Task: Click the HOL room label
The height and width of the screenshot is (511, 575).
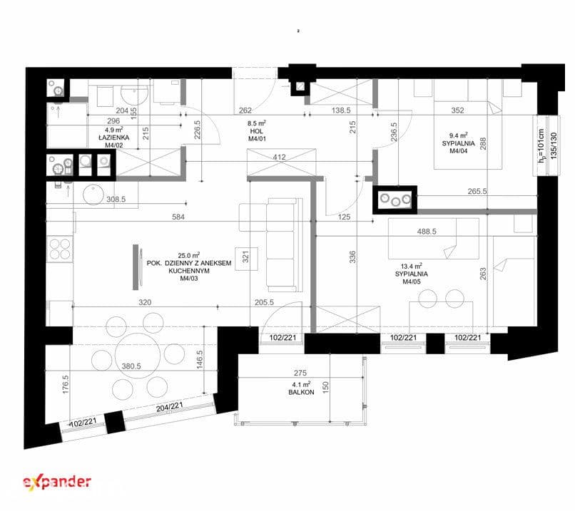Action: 257,131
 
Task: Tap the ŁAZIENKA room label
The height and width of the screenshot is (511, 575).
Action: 114,138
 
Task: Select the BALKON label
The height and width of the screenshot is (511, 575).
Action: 301,392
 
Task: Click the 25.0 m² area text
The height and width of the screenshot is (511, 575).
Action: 189,255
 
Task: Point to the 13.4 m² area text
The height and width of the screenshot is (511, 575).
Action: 412,267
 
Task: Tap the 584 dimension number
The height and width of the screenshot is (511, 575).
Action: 178,217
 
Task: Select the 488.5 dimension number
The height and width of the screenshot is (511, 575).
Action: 427,231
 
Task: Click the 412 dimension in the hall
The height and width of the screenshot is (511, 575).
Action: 280,157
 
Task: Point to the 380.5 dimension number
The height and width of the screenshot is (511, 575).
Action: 131,366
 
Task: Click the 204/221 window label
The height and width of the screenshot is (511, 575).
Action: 169,407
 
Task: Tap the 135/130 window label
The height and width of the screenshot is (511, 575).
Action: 554,145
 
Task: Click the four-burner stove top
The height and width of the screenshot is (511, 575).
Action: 60,249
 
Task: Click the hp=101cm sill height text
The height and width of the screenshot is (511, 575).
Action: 541,145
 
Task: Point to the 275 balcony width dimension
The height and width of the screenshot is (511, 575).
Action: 300,373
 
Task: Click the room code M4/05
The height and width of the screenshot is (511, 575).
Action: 412,282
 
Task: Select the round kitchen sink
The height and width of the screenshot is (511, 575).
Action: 93,195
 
